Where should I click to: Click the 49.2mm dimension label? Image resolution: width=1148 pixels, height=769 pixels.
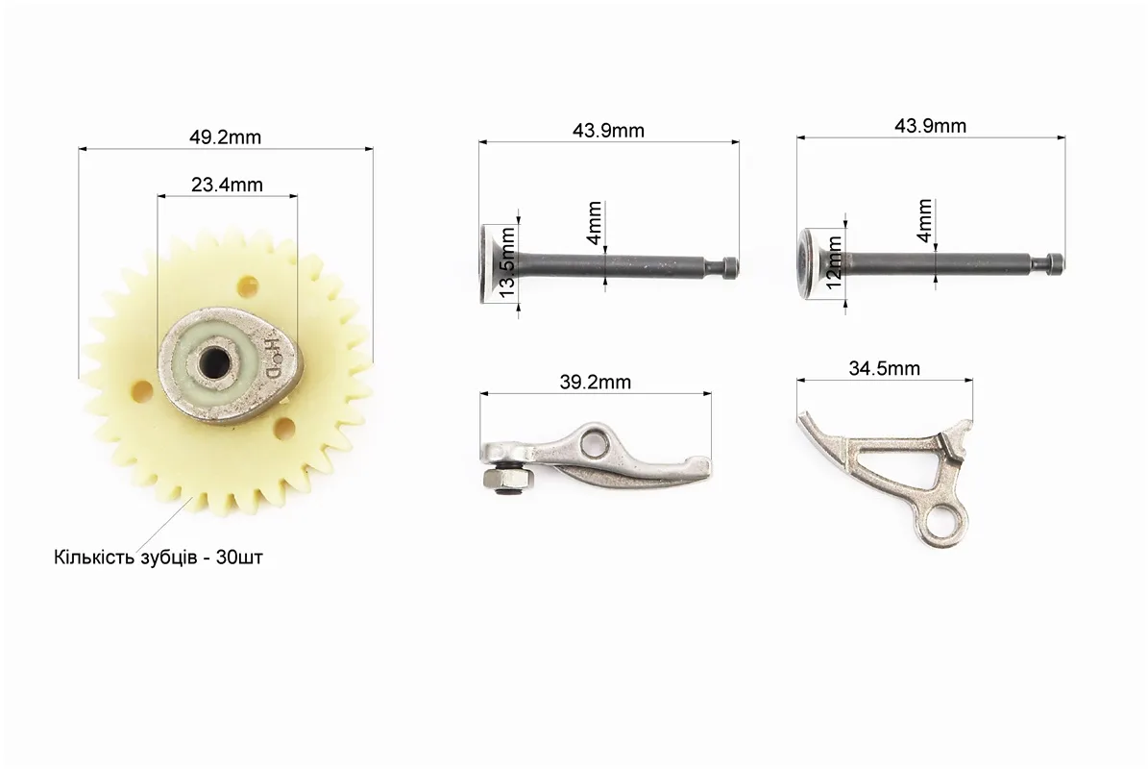point(226,136)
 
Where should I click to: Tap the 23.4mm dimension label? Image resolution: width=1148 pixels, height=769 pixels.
point(227,185)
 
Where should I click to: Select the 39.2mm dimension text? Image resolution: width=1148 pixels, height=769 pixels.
point(596,382)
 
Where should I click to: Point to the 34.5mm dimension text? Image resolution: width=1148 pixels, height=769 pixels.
point(885,368)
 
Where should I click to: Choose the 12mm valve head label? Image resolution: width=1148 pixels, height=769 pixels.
point(834,263)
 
